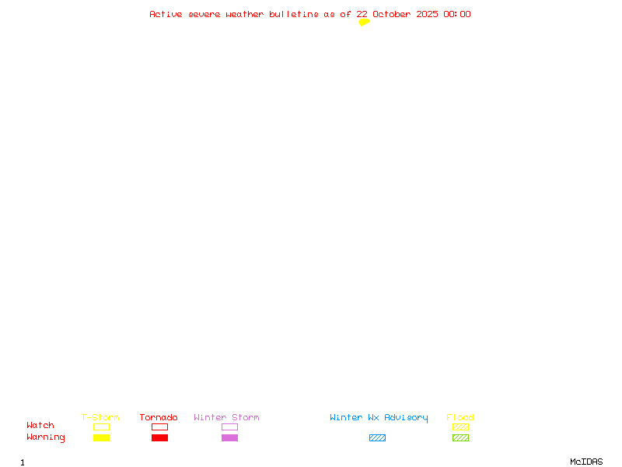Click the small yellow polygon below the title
coord(364,23)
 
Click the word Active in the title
coord(166,14)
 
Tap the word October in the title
coord(392,14)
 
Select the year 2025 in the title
coord(427,14)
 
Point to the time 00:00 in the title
coord(457,14)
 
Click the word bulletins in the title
coord(294,14)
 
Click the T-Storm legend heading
coord(100,417)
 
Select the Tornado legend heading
coord(159,417)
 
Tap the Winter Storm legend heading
coord(226,417)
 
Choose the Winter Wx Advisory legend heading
coord(379,418)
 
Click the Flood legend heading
coord(460,417)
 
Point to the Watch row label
coord(40,425)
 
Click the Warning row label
coord(46,437)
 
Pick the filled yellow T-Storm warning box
coord(102,437)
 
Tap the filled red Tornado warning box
coord(160,437)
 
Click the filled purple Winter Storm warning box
coord(229,437)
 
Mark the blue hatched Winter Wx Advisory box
coord(377,437)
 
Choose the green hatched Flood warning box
coord(460,437)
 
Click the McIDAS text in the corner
coord(586,462)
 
